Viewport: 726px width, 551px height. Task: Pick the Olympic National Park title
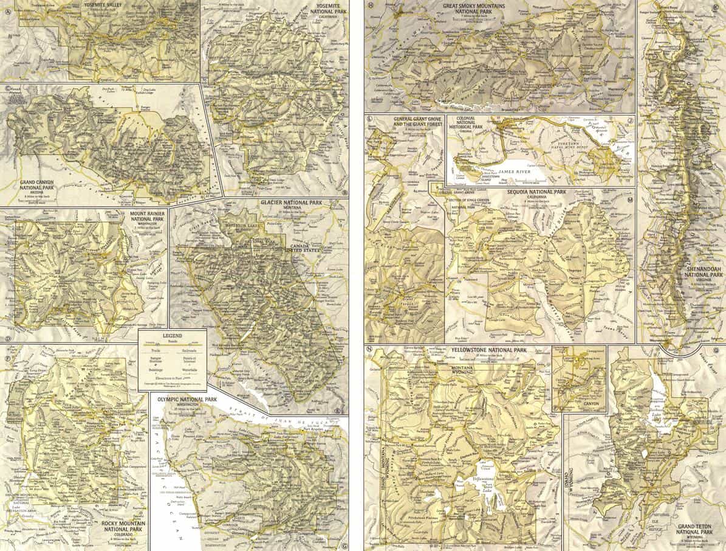187,400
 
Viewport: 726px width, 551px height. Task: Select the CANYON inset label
578,403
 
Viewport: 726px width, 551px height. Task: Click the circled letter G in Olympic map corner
344,545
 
